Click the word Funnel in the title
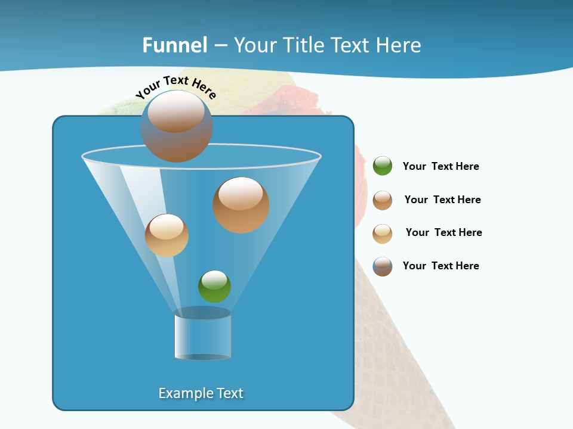(175, 45)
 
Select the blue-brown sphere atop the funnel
(177, 127)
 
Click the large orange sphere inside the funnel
(241, 206)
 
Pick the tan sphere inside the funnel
(167, 235)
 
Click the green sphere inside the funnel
(214, 287)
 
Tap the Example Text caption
(201, 393)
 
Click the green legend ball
(383, 166)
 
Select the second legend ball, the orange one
(383, 200)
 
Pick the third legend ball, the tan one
(383, 234)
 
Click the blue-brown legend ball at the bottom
(383, 266)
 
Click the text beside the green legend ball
(440, 167)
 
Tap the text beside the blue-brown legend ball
(440, 266)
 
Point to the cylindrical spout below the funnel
(202, 335)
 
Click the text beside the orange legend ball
(442, 200)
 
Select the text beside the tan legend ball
(443, 233)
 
